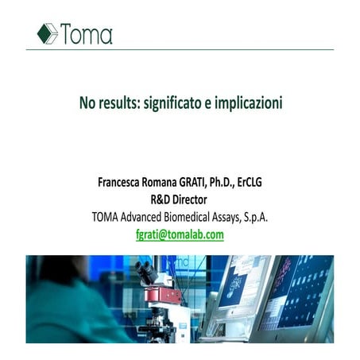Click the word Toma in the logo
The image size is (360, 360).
pos(87,34)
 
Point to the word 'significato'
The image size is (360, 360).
pos(174,104)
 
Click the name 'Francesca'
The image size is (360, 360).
pos(122,182)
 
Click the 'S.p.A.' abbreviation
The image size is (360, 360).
pos(277,217)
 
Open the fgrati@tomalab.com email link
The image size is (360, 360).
pos(180,234)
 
